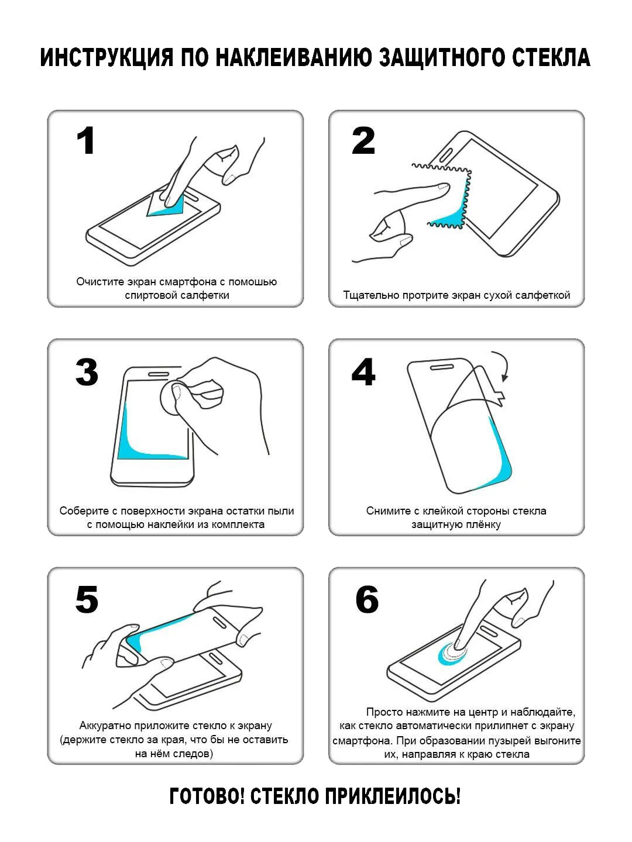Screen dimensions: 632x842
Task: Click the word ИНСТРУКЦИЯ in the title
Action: [107, 58]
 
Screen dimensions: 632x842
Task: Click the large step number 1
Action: [86, 141]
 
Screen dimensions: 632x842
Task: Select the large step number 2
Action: [363, 141]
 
